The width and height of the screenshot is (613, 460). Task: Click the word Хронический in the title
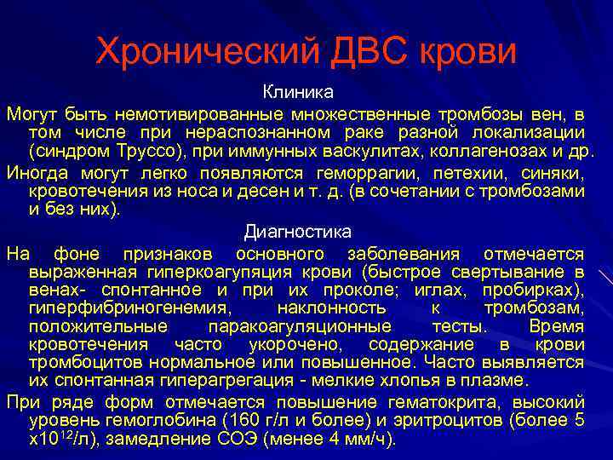point(204,53)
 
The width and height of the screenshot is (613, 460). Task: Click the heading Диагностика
point(297,231)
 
